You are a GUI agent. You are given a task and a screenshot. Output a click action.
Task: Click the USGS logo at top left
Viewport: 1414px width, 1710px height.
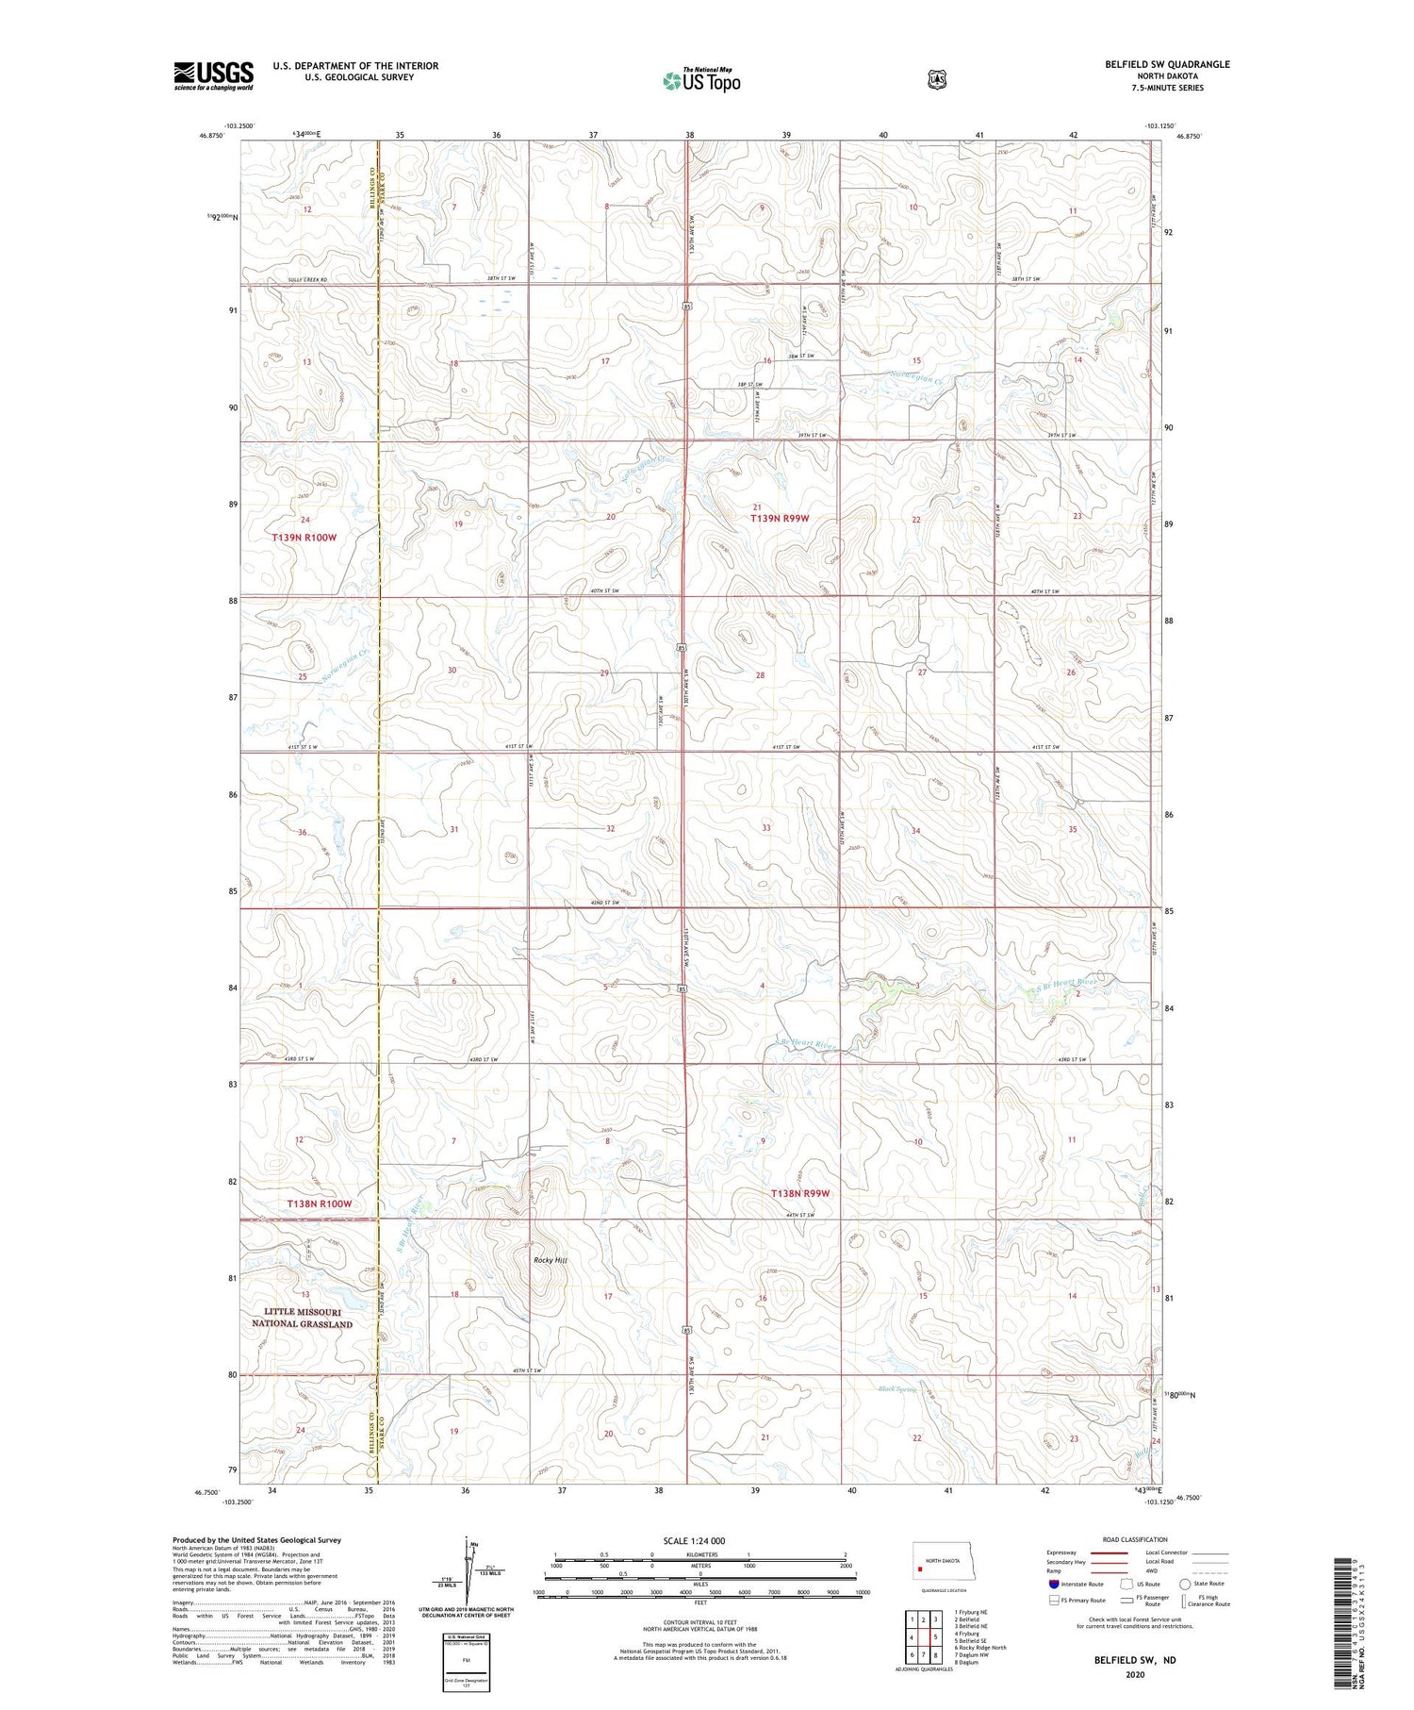(213, 75)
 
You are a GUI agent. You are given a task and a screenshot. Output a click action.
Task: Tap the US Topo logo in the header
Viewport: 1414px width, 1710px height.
(701, 80)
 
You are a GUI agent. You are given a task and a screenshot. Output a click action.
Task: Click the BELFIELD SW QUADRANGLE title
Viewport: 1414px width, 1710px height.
(1167, 64)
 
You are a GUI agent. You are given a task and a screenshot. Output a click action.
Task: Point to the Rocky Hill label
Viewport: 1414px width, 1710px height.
(551, 1260)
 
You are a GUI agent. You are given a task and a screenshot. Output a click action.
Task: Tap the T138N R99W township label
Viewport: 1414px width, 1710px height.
(801, 1193)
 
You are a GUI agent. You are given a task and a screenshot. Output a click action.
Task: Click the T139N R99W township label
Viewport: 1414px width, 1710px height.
(780, 519)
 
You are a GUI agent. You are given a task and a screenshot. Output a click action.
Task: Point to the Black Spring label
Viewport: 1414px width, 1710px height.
(896, 1389)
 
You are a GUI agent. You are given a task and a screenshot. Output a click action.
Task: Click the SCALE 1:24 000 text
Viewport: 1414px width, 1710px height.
(699, 1540)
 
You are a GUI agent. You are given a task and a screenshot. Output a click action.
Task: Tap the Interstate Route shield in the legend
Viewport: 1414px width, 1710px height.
(1053, 1584)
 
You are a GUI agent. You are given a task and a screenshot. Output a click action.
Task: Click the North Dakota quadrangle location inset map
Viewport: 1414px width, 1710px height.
(952, 1567)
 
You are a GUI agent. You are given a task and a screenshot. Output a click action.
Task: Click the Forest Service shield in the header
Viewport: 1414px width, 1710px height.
(936, 80)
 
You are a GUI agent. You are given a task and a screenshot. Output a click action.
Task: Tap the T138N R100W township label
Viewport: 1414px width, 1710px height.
(320, 1204)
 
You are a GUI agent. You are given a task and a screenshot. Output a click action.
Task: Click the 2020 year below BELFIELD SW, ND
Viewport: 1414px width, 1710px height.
(1134, 1675)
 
